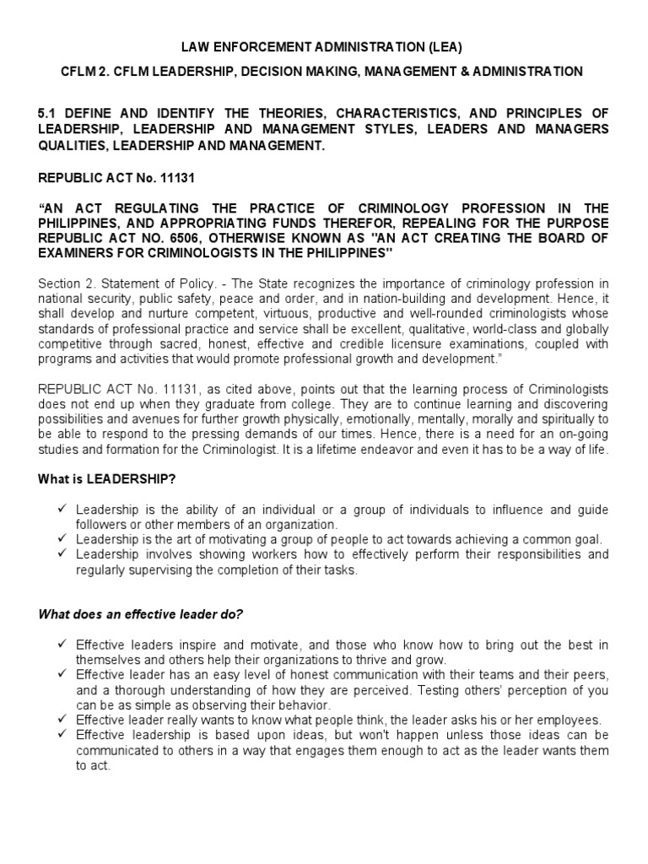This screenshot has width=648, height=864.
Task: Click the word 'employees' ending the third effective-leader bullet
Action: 569,720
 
